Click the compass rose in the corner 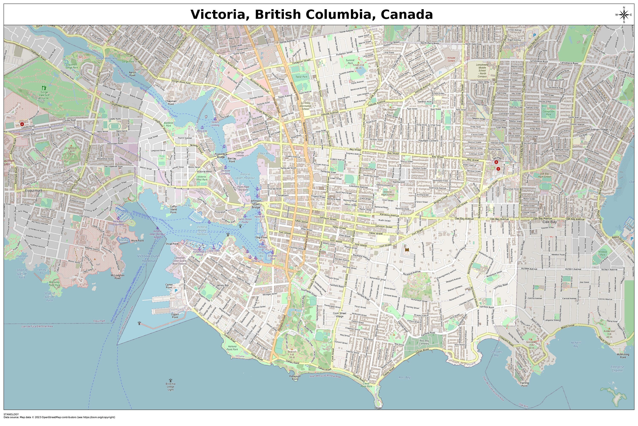click(x=624, y=15)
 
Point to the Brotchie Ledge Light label click(x=171, y=387)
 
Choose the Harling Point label click(x=524, y=384)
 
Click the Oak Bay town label click(x=550, y=222)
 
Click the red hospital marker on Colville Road click(x=22, y=124)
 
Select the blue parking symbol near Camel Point click(x=176, y=290)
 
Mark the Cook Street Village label click(x=339, y=315)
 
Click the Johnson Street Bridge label click(x=256, y=204)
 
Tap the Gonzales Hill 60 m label click(x=531, y=345)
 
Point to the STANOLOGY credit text click(x=11, y=414)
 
